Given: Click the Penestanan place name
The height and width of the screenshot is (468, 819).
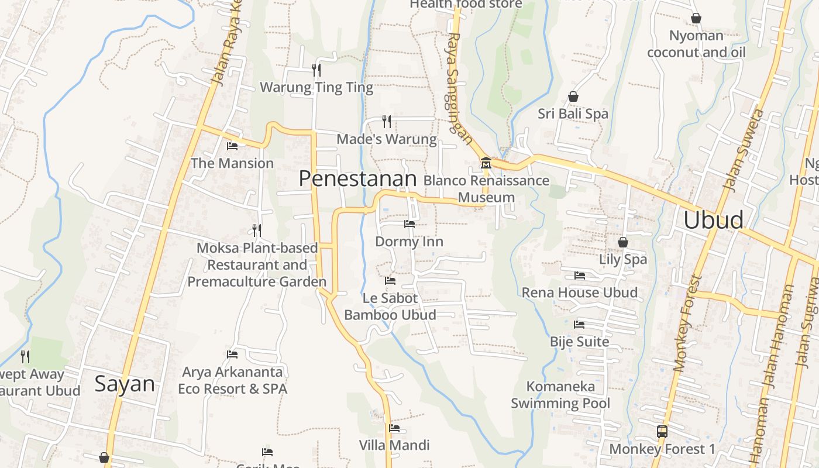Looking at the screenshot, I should pos(357,179).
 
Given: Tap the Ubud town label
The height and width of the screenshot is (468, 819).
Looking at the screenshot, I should pos(713,220).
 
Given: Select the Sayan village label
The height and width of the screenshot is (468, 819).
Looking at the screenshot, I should pos(125,384).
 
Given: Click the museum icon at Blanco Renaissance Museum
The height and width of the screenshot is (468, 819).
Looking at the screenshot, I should pos(486,162).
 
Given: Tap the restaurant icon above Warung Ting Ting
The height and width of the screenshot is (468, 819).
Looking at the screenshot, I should pos(316,70).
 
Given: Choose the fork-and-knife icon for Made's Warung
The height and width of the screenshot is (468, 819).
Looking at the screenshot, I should pos(387,122).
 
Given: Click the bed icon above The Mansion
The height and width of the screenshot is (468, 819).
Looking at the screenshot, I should pos(232,146).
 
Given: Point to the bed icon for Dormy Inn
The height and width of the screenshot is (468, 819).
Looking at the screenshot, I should pos(409,223).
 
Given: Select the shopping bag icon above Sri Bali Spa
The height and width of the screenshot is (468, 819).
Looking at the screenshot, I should pos(573,97).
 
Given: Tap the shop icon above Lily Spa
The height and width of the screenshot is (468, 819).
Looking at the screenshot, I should pos(623,242).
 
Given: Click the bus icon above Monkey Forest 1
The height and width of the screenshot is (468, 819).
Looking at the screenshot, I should pos(662,432).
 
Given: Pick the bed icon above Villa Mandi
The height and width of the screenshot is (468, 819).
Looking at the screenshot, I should pos(394,428).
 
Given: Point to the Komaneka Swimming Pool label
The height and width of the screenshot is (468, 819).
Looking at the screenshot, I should pos(560,395).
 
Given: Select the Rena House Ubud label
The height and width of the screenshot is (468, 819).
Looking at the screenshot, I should pos(579,292).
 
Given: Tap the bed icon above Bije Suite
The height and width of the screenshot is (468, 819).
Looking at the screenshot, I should pos(579,324).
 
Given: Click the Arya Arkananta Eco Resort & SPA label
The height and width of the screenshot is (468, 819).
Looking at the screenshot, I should pos(232,380).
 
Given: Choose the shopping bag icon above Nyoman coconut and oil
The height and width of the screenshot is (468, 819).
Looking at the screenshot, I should pos(696,19).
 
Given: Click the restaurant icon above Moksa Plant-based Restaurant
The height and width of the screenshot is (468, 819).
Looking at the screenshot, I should pos(257,230).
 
